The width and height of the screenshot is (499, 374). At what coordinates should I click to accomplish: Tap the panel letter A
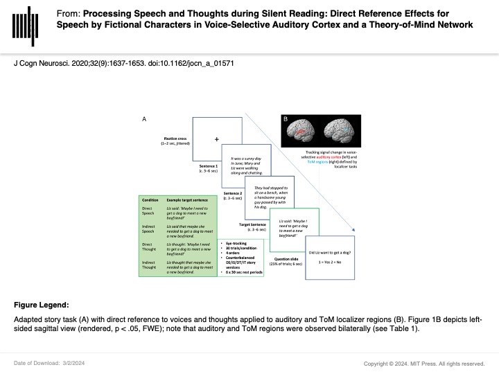[144, 120]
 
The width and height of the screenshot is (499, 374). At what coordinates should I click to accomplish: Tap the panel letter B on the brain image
[285, 119]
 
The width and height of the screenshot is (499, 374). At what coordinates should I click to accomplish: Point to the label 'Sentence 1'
[206, 167]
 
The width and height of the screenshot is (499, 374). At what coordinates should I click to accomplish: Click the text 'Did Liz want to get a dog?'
[331, 253]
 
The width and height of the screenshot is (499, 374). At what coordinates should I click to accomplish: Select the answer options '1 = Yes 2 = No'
[331, 264]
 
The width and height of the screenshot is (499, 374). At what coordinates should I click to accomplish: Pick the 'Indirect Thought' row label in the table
[150, 266]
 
